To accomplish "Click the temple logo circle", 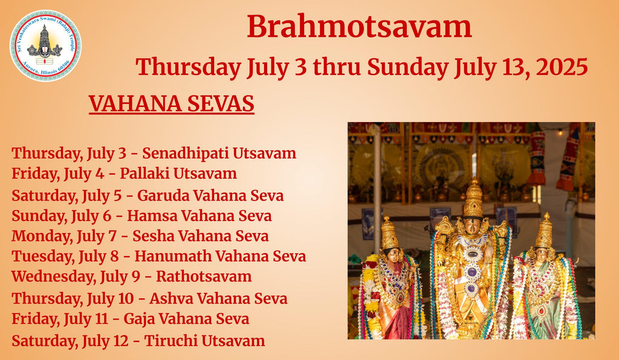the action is tap(45, 45).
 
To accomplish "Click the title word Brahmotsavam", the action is tap(359, 27).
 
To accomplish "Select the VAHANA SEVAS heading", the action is tap(171, 104).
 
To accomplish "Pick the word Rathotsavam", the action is tap(204, 277).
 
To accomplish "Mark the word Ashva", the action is tap(171, 298).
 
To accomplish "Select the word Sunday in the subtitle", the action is tap(407, 67).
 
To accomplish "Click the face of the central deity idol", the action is tap(473, 227).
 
